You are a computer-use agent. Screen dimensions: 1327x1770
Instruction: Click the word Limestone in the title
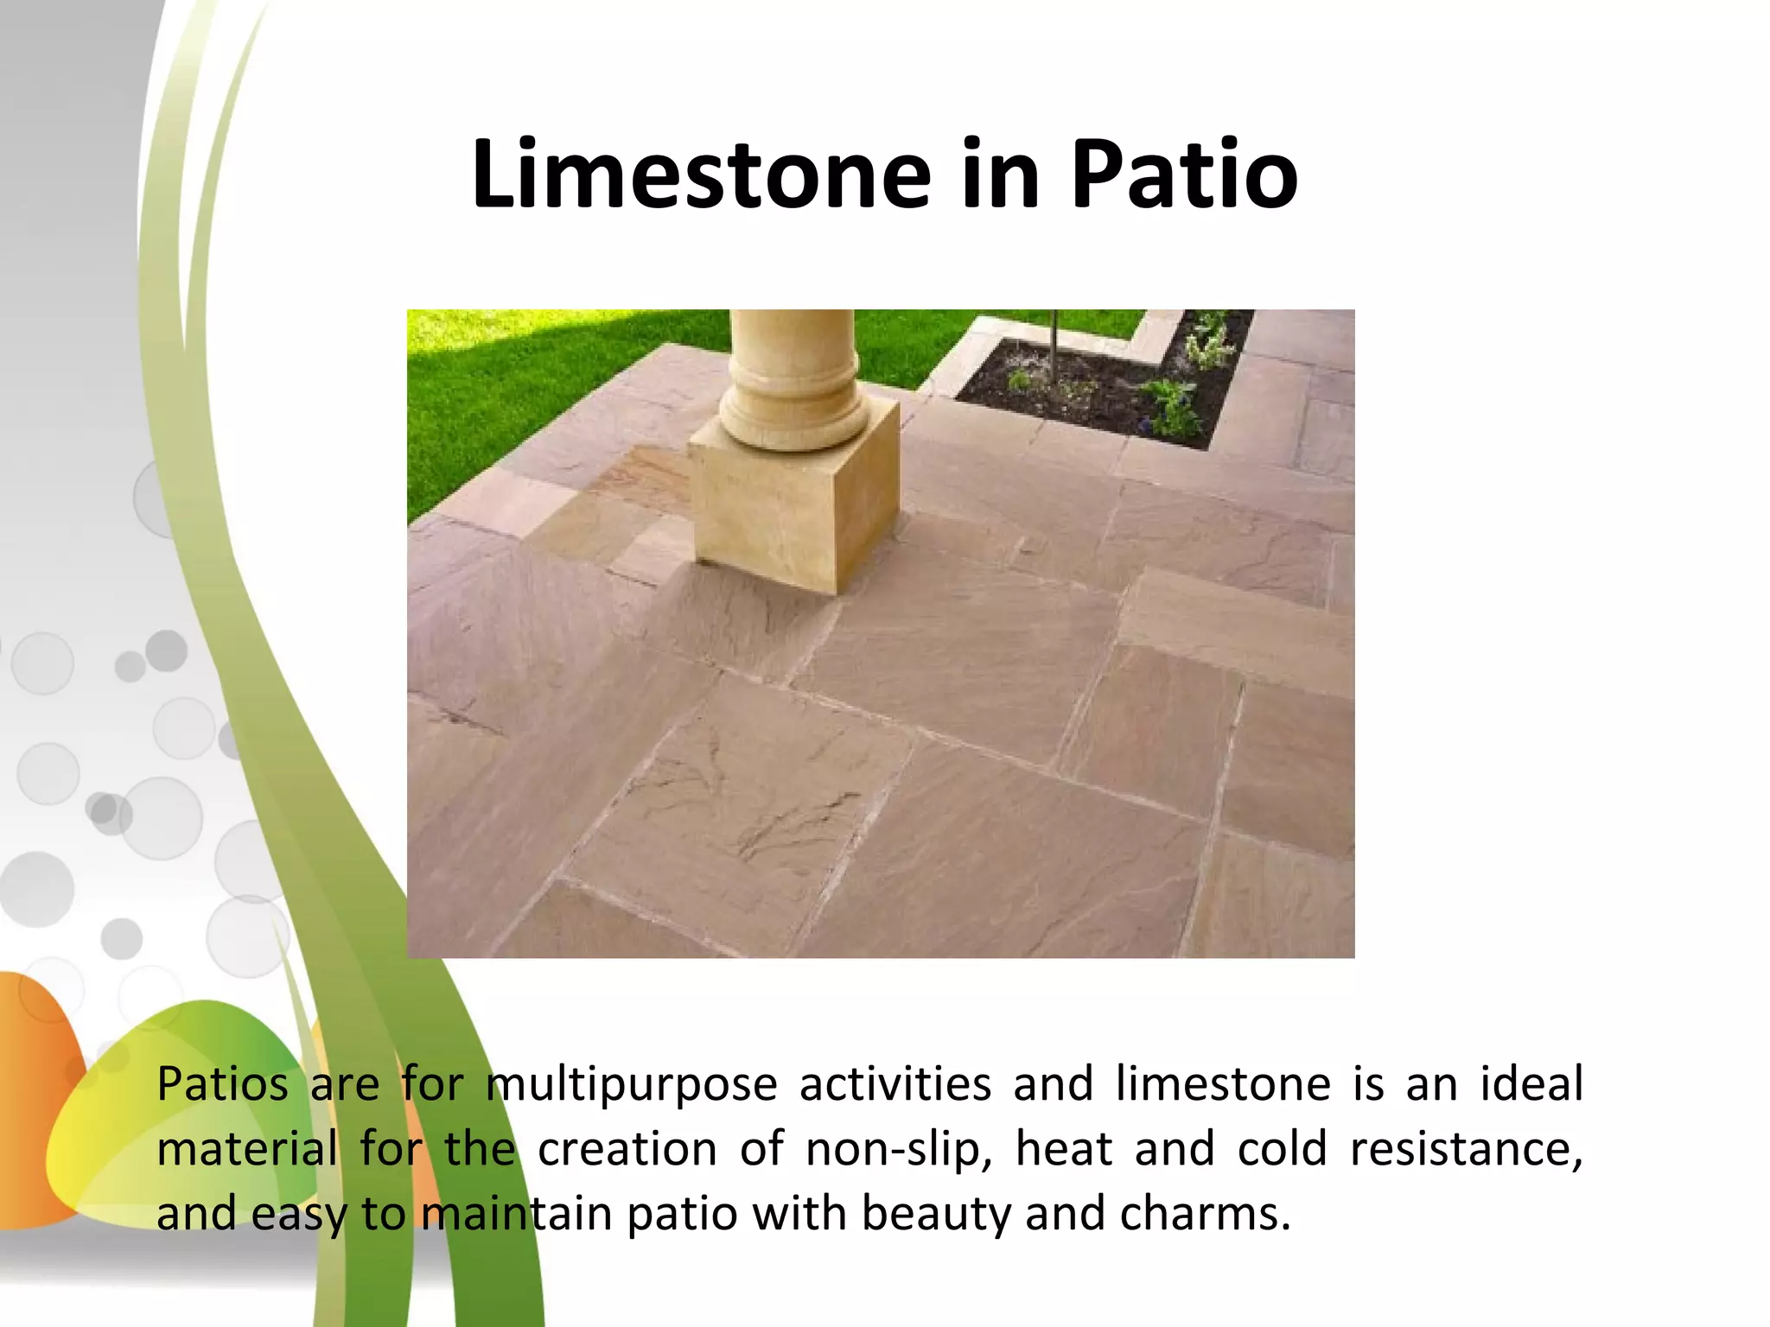click(701, 175)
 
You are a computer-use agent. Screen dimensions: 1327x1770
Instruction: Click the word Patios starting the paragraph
click(222, 1085)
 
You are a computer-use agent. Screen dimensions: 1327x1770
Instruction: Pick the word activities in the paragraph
click(895, 1085)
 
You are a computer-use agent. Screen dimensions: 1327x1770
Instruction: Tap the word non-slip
click(899, 1150)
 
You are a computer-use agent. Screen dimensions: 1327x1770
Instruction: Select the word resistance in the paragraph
click(1465, 1150)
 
